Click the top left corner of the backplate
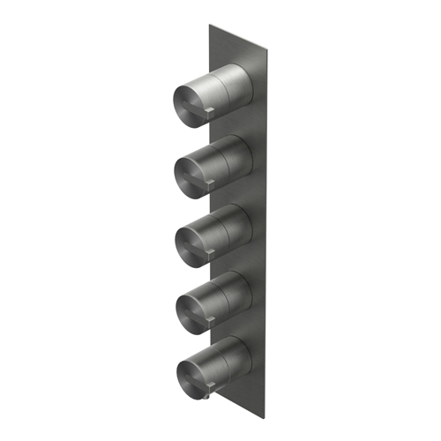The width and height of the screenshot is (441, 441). point(208,25)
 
